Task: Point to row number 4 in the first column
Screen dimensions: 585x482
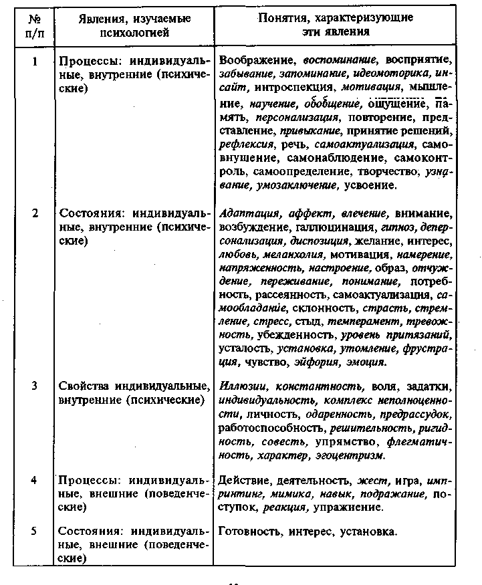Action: (33, 481)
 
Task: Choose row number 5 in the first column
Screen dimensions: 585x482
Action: (33, 532)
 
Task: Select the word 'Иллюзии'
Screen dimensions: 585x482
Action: (243, 386)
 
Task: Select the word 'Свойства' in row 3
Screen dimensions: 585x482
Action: (81, 386)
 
